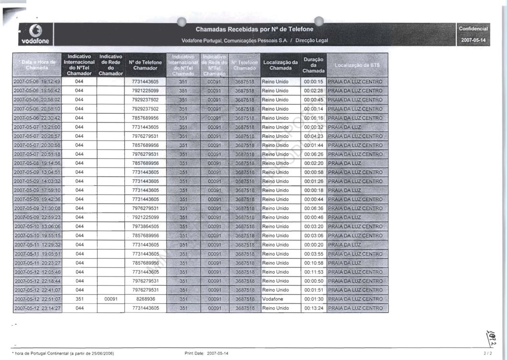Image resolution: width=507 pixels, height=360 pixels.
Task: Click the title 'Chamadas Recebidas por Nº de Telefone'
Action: click(x=254, y=29)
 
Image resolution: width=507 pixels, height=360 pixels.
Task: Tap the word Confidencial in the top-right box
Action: click(x=473, y=29)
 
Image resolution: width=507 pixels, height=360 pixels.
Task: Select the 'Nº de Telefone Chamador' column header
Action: click(x=145, y=65)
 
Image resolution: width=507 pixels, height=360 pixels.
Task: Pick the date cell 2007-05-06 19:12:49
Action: click(x=37, y=82)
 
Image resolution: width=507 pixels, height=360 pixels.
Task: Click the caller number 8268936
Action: click(x=145, y=299)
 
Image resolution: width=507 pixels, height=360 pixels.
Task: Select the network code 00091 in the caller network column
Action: click(x=111, y=299)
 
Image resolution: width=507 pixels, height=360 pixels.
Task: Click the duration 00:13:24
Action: click(x=314, y=308)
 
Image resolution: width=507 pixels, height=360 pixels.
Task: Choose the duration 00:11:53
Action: click(x=314, y=272)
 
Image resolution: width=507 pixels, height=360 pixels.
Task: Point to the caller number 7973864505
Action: click(x=145, y=227)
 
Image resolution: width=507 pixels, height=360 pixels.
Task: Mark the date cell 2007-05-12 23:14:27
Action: click(x=37, y=308)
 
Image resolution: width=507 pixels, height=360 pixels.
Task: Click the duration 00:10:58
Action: click(x=314, y=263)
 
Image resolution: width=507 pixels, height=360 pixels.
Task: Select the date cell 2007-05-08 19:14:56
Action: click(x=37, y=163)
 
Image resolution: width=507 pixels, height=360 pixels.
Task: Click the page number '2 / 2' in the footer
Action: click(x=488, y=353)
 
